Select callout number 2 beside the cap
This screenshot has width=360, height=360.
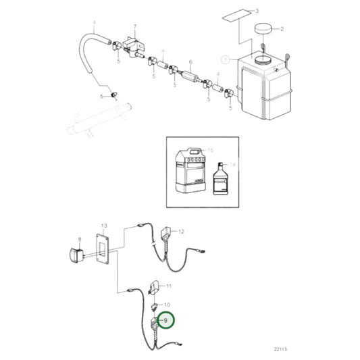pos(282,28)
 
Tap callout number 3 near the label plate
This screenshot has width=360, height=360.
pos(256,12)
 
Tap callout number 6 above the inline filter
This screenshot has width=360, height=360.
pos(191,60)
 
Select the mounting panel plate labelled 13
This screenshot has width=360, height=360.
pos(105,253)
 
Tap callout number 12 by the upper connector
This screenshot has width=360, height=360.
pos(180,232)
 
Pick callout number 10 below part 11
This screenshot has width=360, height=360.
pos(168,305)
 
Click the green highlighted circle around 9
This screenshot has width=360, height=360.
pos(164,319)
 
